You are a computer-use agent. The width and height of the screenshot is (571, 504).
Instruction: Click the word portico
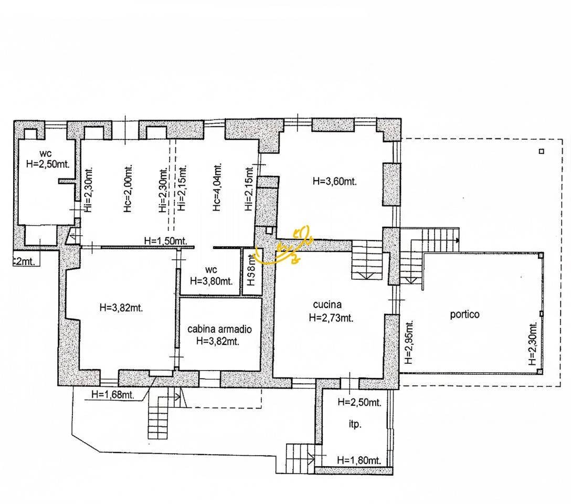[x=464, y=314]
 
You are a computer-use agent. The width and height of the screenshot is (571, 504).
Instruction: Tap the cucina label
[x=327, y=304]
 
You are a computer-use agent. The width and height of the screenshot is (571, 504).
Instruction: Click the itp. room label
[x=355, y=425]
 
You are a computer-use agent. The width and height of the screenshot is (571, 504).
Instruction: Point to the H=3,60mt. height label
[x=334, y=182]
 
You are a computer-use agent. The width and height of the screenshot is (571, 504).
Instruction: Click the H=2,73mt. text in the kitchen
[x=331, y=317]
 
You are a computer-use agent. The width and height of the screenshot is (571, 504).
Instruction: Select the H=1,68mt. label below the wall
[x=112, y=394]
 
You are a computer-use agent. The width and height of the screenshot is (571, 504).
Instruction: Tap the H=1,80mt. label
[x=359, y=460]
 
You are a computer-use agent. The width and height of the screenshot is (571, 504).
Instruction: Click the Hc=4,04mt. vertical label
[x=217, y=187]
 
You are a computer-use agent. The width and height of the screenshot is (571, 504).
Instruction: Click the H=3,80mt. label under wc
[x=212, y=280]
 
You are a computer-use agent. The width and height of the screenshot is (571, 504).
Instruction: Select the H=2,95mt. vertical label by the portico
[x=409, y=342]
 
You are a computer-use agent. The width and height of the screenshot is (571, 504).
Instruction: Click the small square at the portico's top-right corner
[x=542, y=152]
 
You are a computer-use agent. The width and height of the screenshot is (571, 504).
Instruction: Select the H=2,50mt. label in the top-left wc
[x=48, y=163]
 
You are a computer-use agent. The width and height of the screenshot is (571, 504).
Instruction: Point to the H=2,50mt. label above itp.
[x=359, y=402]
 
